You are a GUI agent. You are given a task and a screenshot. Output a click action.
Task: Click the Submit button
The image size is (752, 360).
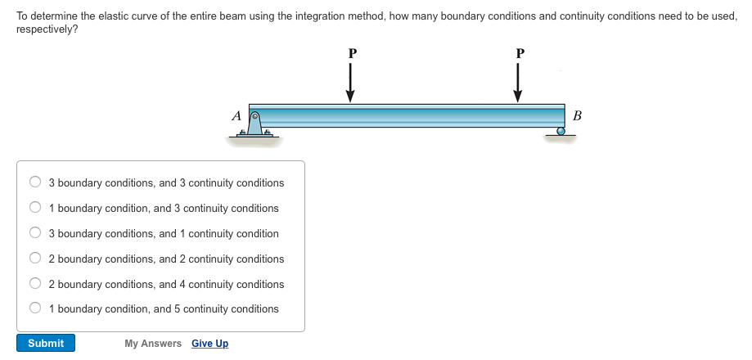tap(46, 343)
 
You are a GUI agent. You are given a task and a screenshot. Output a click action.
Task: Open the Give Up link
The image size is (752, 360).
tap(209, 344)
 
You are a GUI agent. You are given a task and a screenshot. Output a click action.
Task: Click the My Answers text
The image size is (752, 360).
tap(153, 344)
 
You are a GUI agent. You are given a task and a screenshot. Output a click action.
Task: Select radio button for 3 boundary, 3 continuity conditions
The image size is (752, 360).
tap(35, 182)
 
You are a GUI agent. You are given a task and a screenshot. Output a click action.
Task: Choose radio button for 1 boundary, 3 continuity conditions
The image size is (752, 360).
tap(35, 208)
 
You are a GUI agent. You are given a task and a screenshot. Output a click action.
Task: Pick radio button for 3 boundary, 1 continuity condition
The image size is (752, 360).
tap(35, 233)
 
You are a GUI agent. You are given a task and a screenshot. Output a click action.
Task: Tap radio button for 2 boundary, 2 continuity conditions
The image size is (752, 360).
tap(35, 259)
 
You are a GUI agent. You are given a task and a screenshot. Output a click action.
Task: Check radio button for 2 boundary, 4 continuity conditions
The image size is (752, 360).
tap(35, 283)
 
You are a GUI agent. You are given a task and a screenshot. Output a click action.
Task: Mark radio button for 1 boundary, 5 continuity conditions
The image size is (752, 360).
tap(35, 308)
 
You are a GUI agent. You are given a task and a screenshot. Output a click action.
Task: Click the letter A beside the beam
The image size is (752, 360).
tap(236, 116)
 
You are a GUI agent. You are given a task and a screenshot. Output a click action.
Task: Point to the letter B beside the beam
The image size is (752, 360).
tap(578, 115)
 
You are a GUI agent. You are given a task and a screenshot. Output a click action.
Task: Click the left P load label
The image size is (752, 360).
tap(353, 53)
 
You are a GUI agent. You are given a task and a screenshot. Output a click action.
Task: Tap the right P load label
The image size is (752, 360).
tap(520, 53)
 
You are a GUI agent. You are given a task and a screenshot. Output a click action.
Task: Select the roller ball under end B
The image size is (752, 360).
tap(561, 131)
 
